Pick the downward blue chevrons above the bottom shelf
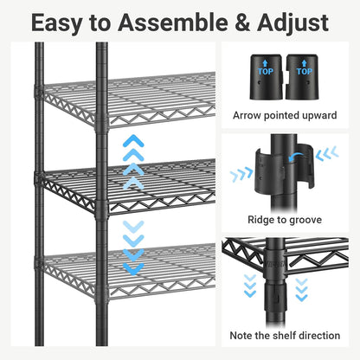pos(132,247)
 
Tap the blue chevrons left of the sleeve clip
pos(242,173)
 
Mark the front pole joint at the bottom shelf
pos(101,292)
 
